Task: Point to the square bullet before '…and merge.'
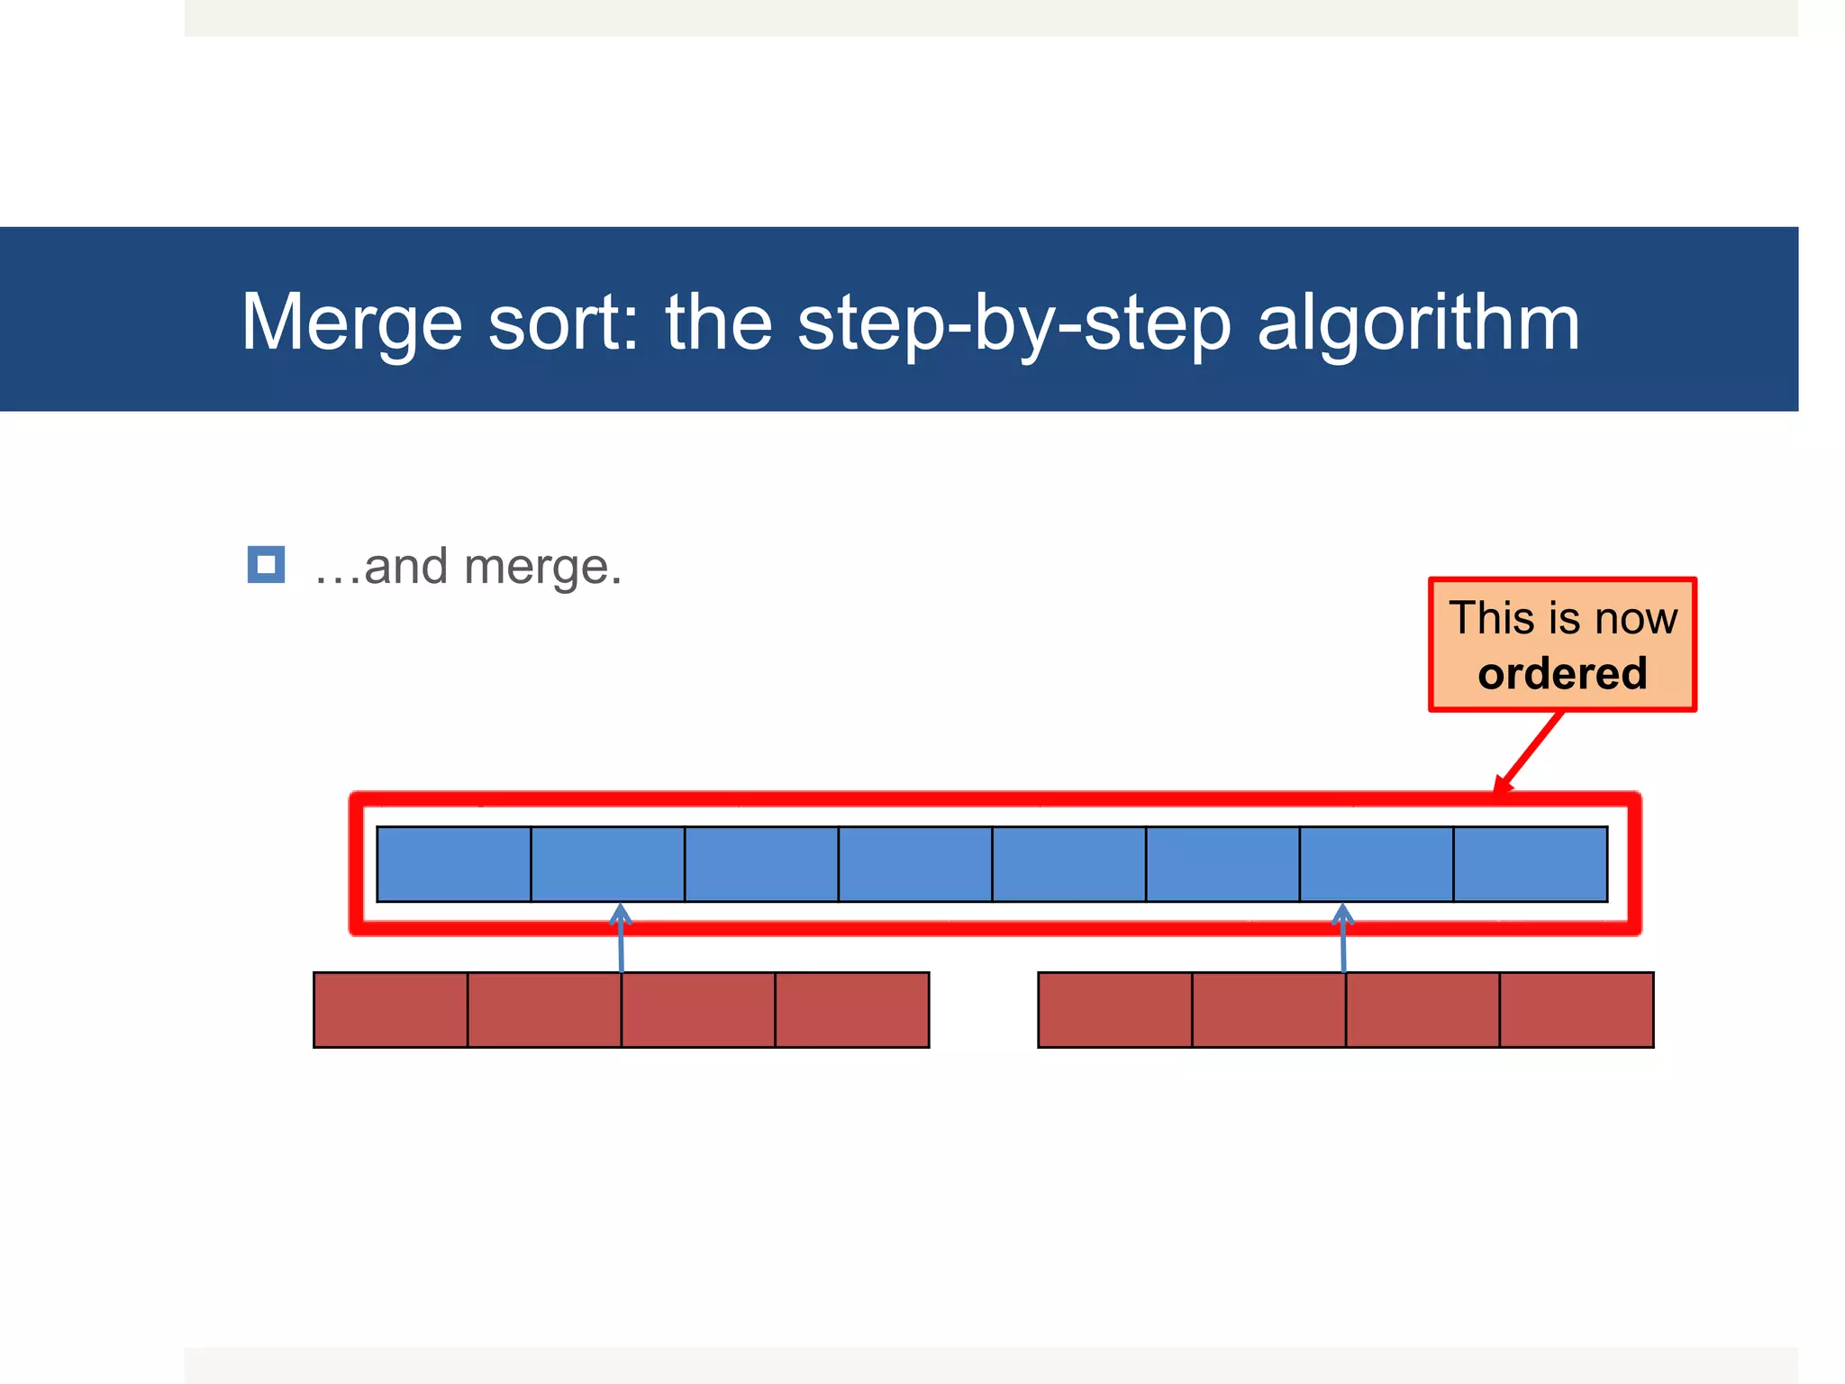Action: tap(266, 565)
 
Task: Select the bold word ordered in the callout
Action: tap(1562, 674)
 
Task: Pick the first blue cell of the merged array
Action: tap(454, 863)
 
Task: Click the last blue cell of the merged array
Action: tap(1530, 863)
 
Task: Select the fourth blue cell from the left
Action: tap(915, 863)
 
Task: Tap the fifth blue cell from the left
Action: tap(1068, 863)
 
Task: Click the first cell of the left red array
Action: tap(390, 1009)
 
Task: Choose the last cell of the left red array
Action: tap(851, 1009)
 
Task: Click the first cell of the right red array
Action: tap(1114, 1009)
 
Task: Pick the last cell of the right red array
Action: tap(1576, 1009)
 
